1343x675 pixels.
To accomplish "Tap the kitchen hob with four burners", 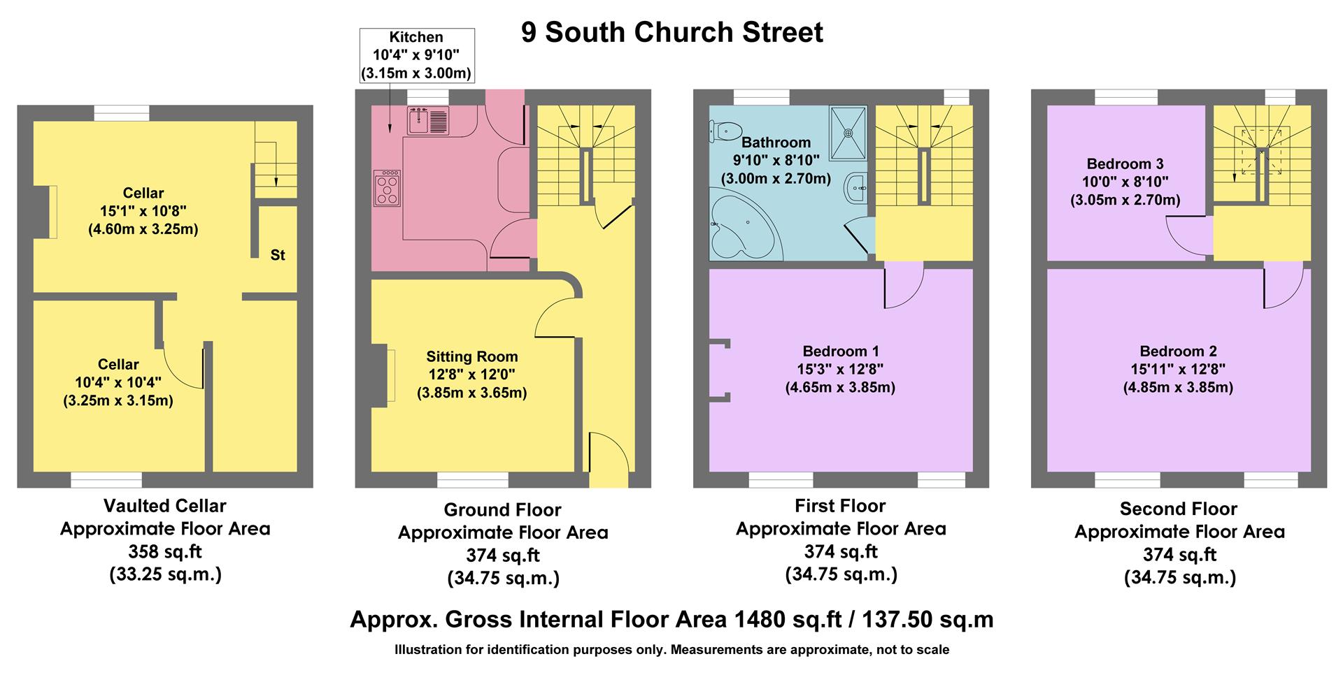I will tap(388, 188).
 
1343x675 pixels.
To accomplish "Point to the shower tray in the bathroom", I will tap(848, 132).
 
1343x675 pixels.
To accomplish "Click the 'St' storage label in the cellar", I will tap(278, 255).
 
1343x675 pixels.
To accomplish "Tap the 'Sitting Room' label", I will tap(472, 356).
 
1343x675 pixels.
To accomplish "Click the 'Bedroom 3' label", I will tap(1125, 164).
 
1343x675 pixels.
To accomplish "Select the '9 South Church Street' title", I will tap(671, 33).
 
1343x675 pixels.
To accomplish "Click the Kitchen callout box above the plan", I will tap(416, 55).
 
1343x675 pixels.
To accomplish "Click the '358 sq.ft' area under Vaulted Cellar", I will tap(165, 551).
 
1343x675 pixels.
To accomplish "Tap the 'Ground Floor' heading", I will tap(502, 509).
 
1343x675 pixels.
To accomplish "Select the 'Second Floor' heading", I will tap(1178, 509).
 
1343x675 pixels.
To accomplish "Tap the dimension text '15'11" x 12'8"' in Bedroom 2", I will tap(1178, 369).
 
